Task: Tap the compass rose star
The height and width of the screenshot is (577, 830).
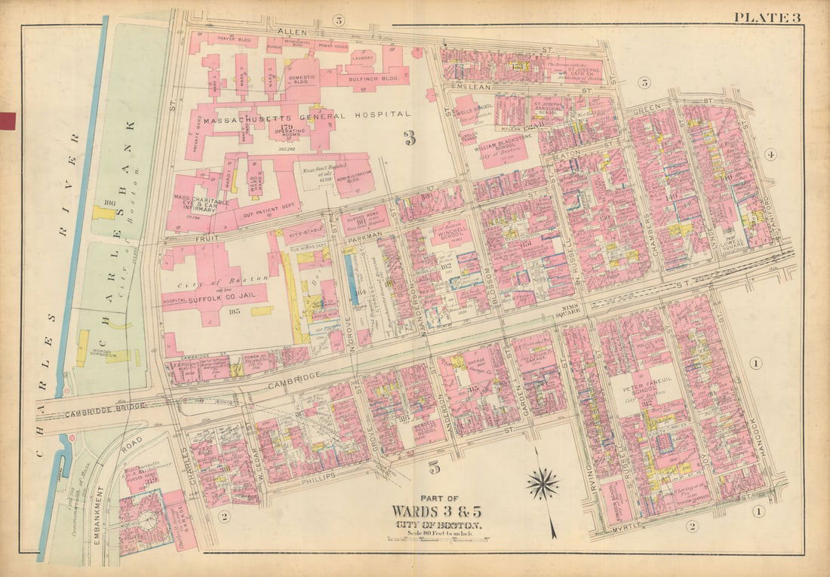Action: tap(543, 483)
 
